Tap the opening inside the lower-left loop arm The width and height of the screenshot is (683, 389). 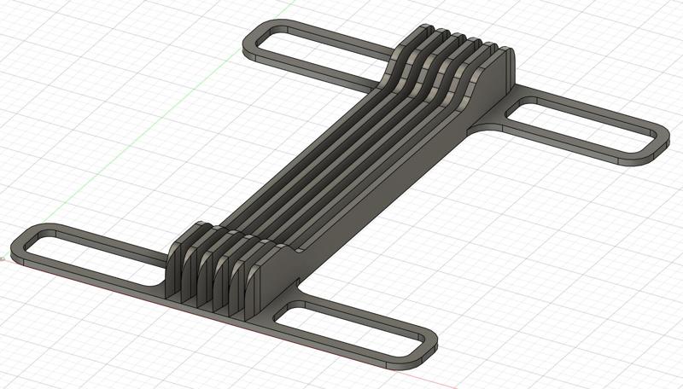click(x=94, y=254)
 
